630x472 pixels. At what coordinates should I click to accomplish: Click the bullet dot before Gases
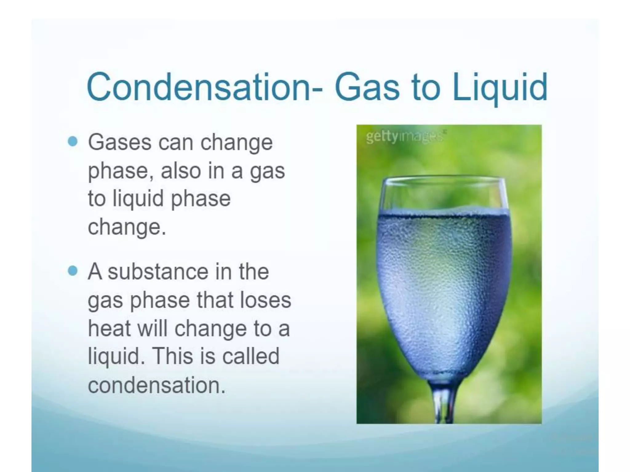pos(73,142)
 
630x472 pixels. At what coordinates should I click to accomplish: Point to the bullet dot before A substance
pos(73,271)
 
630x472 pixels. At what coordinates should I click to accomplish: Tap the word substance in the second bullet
pos(158,272)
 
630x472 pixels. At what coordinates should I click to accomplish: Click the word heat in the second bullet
pos(109,328)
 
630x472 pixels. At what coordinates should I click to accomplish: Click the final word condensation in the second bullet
pos(157,385)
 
